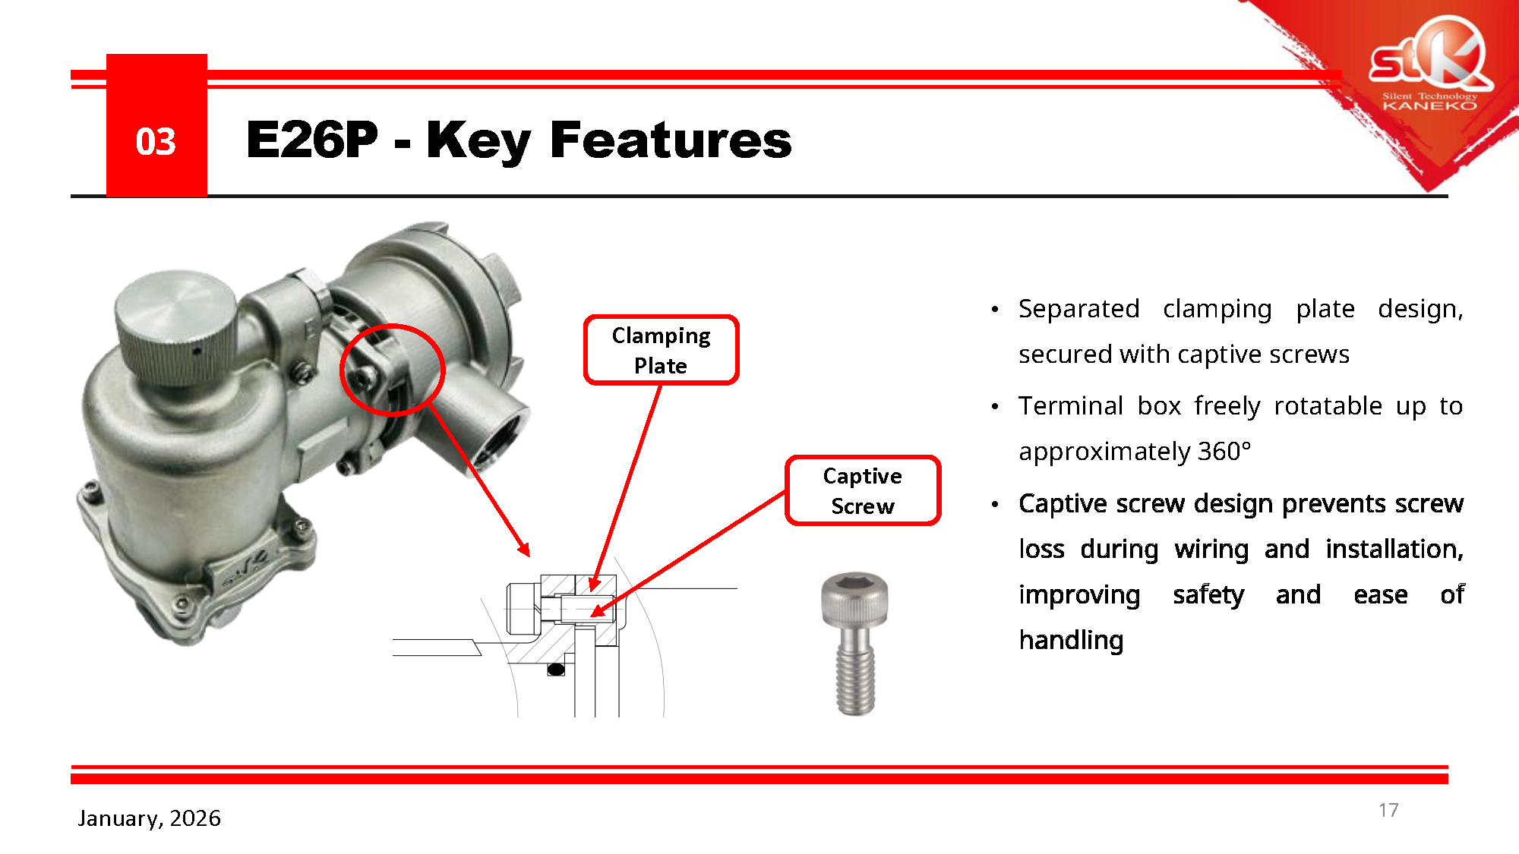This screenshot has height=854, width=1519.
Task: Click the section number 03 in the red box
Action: (x=156, y=142)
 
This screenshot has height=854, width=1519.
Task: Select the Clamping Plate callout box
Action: (x=661, y=350)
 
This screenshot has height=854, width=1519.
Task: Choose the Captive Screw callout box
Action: (x=863, y=490)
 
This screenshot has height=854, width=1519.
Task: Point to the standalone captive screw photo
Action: (x=855, y=644)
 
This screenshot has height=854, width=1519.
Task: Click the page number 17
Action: (x=1388, y=810)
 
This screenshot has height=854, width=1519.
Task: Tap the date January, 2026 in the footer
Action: (x=149, y=818)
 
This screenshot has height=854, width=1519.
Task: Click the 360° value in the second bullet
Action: (x=1224, y=451)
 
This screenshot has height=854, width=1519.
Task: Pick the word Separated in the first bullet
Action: (x=1078, y=309)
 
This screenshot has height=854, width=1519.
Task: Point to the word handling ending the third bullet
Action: (x=1071, y=640)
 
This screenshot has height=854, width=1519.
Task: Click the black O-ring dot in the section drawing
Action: (x=556, y=669)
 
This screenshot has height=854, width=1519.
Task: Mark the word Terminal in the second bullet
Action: (x=1070, y=406)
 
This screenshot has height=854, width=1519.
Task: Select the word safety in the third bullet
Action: (x=1208, y=594)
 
